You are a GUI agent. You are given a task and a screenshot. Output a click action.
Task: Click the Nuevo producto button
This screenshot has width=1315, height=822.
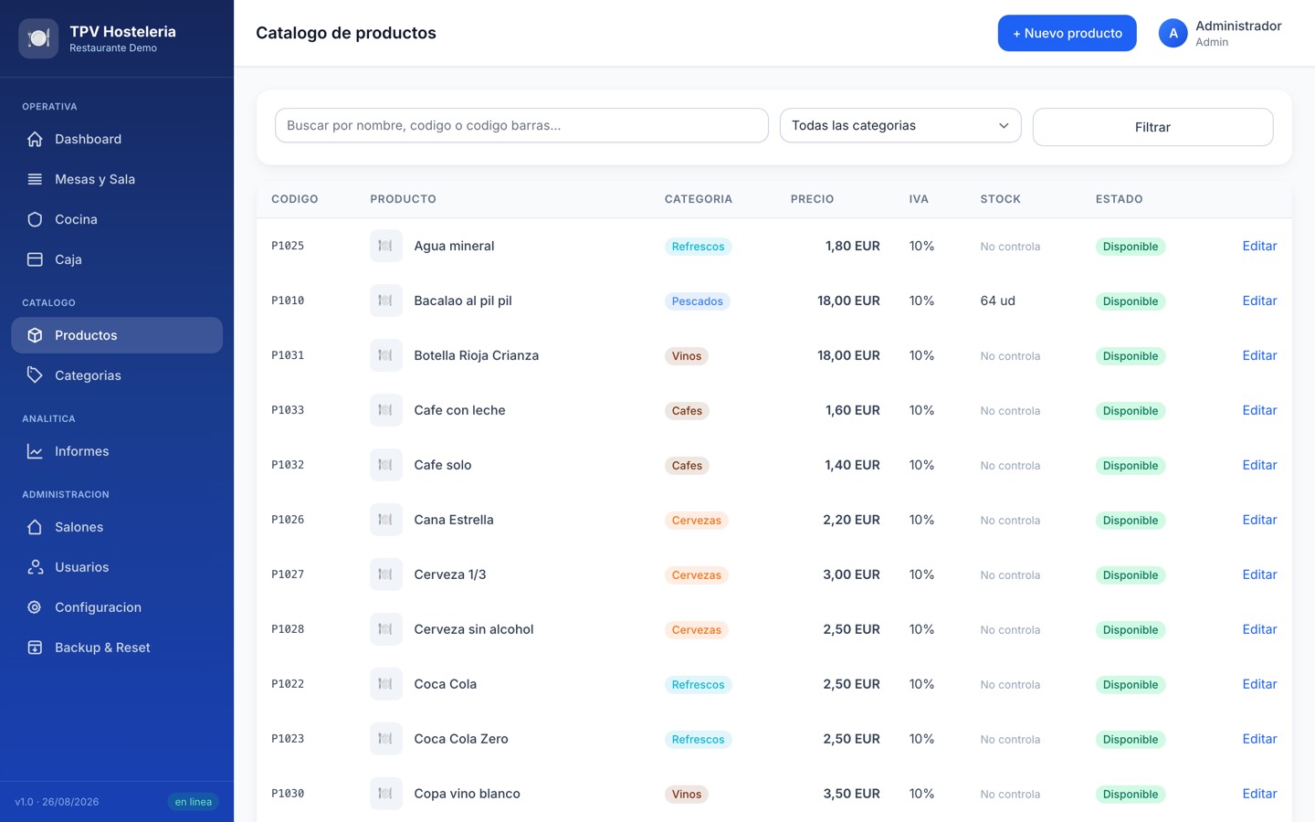(1067, 33)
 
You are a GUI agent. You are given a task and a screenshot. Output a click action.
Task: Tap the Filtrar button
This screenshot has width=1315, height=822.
(1152, 127)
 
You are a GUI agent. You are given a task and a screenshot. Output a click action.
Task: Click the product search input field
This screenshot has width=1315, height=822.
(521, 125)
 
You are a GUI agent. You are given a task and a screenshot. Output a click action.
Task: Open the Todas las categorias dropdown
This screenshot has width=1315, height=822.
(900, 125)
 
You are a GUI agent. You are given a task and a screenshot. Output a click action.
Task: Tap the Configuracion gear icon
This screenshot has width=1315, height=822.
(35, 607)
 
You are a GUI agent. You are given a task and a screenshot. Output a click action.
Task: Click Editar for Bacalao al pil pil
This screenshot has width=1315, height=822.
(1259, 300)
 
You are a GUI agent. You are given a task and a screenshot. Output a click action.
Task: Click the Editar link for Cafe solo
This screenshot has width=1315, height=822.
(1259, 465)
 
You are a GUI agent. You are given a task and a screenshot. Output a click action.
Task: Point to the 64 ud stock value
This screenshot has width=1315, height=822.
(997, 300)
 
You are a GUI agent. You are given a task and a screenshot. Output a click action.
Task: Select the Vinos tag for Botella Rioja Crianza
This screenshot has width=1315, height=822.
(687, 356)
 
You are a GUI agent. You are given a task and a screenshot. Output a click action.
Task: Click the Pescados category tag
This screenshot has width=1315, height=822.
(697, 301)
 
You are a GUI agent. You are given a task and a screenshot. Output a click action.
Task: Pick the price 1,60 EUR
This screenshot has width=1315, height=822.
(852, 410)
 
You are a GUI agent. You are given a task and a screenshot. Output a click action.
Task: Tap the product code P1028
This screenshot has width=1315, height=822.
(288, 628)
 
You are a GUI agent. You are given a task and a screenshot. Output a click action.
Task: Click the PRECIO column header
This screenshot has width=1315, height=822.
(812, 199)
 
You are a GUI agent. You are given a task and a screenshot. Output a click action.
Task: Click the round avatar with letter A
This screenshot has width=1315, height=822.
(1173, 33)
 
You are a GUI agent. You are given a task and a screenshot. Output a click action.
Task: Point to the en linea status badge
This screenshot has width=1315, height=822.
(194, 802)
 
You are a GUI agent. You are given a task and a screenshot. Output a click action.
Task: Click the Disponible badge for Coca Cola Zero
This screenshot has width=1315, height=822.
(1131, 739)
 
